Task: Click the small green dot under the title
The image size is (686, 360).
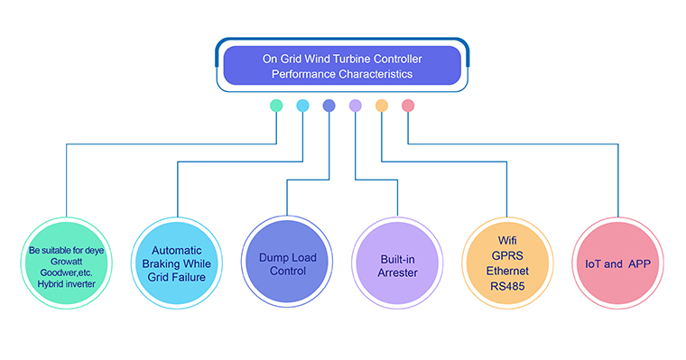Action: pos(276,106)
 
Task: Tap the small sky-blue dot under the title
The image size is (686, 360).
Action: pos(302,106)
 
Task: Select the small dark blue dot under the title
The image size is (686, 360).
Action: pos(329,106)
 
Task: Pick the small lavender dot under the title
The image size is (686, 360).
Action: pos(356,106)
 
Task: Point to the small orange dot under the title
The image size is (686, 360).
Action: pos(382,106)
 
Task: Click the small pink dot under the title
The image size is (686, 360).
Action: pos(408,106)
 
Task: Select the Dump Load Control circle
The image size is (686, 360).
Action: pos(287,262)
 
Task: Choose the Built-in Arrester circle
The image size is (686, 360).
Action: pos(397,263)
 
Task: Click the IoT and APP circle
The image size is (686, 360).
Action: pos(617,263)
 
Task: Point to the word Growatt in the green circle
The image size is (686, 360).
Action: pos(67,262)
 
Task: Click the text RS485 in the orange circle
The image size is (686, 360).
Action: pos(507,287)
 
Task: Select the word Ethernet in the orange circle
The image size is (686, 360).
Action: pos(507,272)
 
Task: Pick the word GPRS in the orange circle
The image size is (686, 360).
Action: pos(507,256)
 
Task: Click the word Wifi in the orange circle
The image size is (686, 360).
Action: pos(507,241)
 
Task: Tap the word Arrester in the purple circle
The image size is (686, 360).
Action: pos(398,272)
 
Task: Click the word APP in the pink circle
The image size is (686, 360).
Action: pos(640,263)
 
